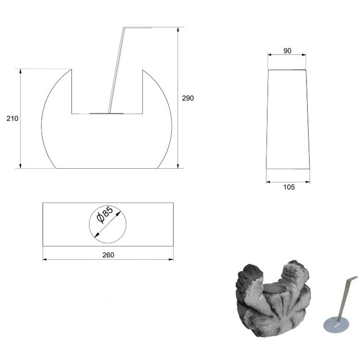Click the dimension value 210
(x=12, y=119)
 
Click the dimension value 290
(x=188, y=98)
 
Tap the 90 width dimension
(x=287, y=51)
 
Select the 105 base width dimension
(x=289, y=187)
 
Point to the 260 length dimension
(x=108, y=255)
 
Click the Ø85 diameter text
(x=105, y=215)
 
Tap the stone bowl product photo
(x=273, y=298)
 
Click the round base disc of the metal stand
(x=336, y=324)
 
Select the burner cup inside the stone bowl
(x=274, y=289)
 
